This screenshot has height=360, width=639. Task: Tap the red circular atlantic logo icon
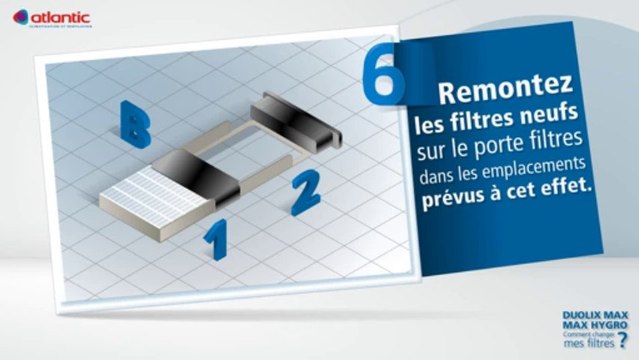[x=20, y=16]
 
